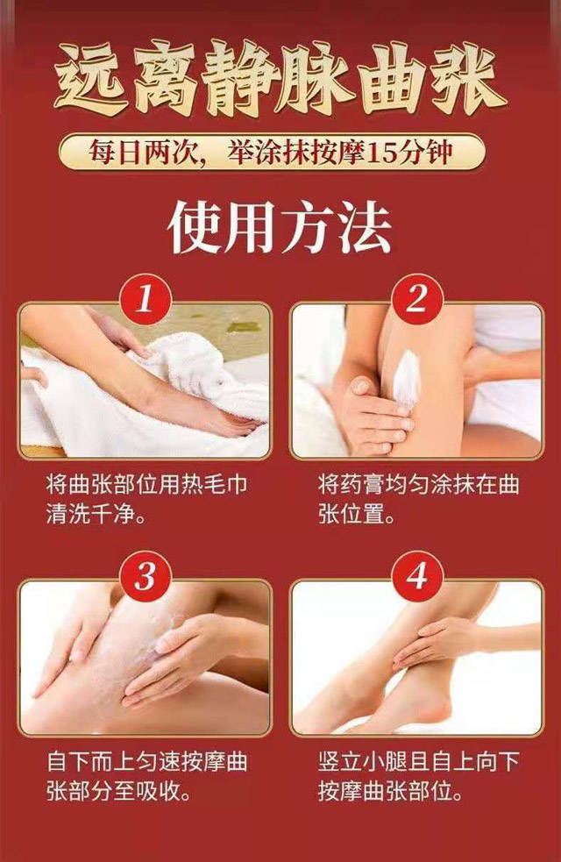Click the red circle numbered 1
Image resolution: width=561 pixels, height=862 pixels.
(146, 300)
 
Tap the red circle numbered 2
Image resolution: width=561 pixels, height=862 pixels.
(417, 300)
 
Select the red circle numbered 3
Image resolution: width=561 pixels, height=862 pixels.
(146, 577)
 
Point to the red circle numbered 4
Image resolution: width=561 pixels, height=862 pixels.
(417, 577)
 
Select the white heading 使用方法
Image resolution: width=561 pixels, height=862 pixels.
(280, 227)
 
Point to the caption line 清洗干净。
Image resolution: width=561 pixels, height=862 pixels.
(96, 515)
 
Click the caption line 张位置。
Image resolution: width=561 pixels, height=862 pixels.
(357, 515)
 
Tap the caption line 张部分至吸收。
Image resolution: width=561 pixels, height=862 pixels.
(118, 792)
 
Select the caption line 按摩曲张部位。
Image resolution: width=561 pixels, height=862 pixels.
(390, 792)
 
